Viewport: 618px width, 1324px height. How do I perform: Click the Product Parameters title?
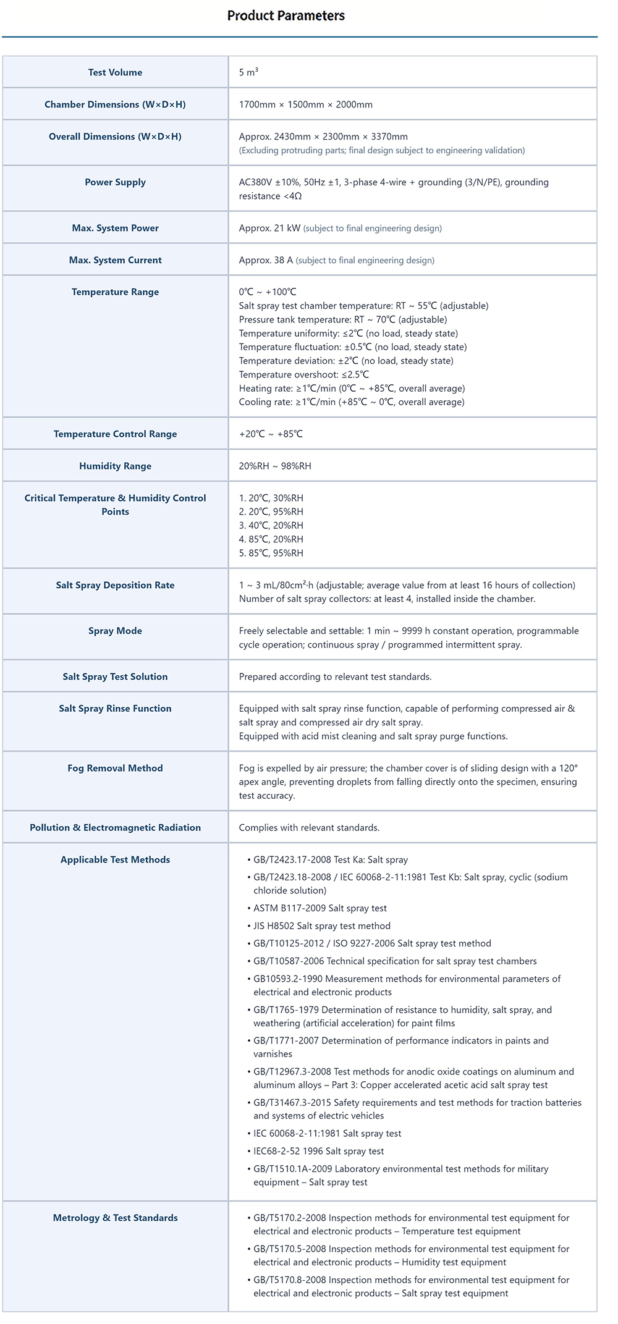[286, 15]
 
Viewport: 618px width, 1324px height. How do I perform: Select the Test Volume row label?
[115, 72]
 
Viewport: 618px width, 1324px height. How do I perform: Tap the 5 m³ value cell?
[248, 72]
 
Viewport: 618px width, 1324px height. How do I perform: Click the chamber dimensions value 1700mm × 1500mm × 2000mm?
[305, 104]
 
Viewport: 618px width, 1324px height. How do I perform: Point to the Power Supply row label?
[115, 182]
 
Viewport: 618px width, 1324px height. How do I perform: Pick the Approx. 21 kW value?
[269, 228]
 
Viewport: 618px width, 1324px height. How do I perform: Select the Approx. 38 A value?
[266, 260]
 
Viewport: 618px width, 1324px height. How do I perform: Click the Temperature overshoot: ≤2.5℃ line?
[303, 374]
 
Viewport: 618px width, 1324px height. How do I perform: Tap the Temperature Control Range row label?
[115, 434]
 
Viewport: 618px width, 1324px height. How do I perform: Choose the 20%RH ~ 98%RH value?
[275, 466]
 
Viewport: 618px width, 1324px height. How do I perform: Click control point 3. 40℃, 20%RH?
[271, 525]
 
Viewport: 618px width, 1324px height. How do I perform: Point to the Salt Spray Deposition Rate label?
[115, 585]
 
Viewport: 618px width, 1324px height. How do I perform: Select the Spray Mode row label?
[115, 631]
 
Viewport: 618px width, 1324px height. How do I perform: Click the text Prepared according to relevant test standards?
[335, 677]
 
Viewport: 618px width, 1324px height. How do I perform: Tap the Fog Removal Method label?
[115, 768]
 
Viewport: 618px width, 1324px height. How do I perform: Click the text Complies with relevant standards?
[309, 827]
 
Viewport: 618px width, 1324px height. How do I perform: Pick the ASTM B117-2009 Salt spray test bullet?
[320, 908]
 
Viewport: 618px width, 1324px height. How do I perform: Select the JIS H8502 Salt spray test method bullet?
[321, 926]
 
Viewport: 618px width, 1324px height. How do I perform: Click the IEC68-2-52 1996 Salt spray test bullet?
[318, 1151]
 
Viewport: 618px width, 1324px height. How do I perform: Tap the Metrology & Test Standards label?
[115, 1218]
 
